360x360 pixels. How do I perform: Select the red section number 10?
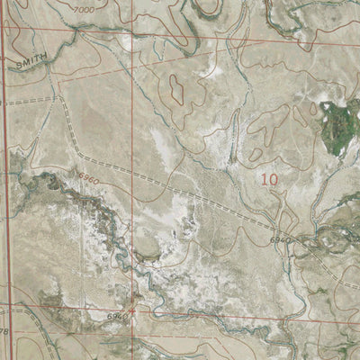coord(269,179)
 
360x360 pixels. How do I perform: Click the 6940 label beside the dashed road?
coord(280,241)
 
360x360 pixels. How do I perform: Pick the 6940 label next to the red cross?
coord(115,318)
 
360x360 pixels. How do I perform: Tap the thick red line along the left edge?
coord(3,180)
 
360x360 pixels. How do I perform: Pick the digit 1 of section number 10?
coord(264,179)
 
